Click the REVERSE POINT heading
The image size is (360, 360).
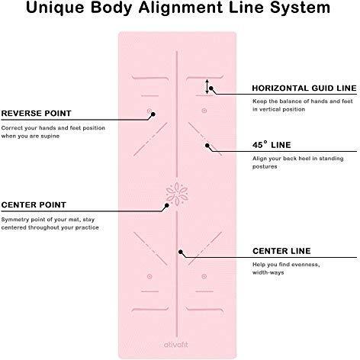[36, 114]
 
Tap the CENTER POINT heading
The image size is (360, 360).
[34, 205]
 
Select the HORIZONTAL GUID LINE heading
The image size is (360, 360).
[304, 88]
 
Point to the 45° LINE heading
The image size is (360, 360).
[272, 145]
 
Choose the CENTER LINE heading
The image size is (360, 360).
[281, 251]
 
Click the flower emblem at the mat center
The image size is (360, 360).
[177, 194]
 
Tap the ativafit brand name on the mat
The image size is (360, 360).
[176, 345]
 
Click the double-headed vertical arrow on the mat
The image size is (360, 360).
[207, 86]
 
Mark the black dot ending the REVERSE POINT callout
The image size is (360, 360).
[153, 114]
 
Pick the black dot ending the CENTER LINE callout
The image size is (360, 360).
[181, 252]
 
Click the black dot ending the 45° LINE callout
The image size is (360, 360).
[207, 146]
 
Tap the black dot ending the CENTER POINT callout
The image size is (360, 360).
[167, 205]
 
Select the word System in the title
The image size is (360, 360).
[300, 8]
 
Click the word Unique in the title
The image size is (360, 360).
[55, 8]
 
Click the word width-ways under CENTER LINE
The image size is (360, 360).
[268, 272]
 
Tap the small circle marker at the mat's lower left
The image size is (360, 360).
[149, 276]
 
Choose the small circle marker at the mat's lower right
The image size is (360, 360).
[204, 276]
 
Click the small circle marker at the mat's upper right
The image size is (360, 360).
[204, 111]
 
